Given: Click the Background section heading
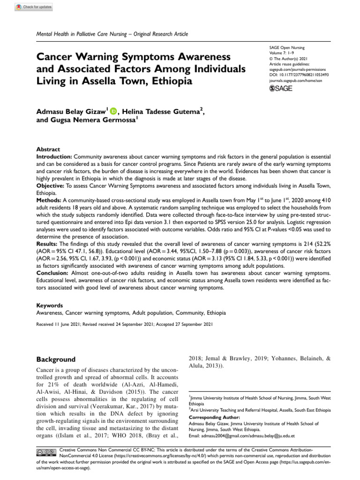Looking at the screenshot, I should pos(56,360).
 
